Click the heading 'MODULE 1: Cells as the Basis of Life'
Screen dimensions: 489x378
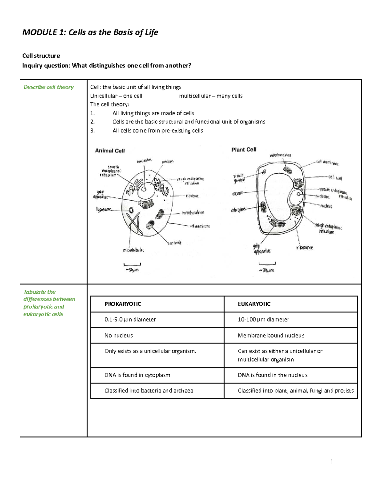(90, 32)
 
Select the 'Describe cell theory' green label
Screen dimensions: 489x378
(49, 87)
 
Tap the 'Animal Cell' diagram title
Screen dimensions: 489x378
(110, 151)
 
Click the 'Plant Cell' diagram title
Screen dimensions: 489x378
(244, 150)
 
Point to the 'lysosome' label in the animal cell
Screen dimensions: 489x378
(104, 209)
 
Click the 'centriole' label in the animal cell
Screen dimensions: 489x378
(174, 243)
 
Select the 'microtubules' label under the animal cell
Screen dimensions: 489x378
(133, 250)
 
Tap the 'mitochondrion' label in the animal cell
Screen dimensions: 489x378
(193, 213)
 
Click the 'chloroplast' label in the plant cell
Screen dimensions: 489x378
(238, 210)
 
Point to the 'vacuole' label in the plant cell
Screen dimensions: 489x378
(238, 193)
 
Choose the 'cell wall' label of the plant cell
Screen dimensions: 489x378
(335, 177)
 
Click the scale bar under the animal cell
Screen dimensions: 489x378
(132, 264)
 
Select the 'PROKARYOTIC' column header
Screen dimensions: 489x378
(123, 304)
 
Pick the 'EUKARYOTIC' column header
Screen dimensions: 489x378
(254, 304)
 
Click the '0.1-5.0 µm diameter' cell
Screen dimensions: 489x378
(130, 320)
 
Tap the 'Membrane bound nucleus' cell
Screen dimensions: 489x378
(271, 336)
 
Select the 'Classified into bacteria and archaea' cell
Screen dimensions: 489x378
(149, 391)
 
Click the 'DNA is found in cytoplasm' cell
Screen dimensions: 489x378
(137, 375)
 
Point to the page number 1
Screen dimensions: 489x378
(332, 462)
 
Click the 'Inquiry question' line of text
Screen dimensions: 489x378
(106, 65)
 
